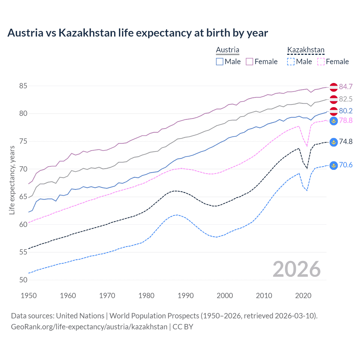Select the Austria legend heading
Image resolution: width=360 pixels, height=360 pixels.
[228, 50]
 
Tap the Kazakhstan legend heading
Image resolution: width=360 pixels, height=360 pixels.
[306, 50]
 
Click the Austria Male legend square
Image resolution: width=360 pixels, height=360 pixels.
[220, 62]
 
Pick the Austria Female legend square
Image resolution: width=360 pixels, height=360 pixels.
[249, 62]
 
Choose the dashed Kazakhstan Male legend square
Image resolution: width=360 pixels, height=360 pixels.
[291, 62]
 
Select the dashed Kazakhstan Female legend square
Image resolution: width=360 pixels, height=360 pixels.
[321, 62]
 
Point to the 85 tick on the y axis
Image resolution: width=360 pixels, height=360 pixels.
[23, 86]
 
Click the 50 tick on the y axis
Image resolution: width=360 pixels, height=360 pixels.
[23, 280]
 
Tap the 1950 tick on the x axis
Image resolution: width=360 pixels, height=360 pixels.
[29, 296]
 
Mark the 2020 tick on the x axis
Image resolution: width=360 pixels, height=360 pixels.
[303, 296]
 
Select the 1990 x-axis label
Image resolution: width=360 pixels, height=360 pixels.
[186, 296]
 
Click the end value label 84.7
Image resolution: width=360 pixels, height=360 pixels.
[346, 87]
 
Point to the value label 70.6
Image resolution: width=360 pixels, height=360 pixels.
[346, 165]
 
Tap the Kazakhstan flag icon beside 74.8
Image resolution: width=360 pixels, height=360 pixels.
[334, 142]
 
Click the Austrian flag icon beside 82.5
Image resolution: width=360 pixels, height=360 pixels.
[334, 99]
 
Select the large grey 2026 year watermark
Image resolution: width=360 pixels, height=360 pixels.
[296, 269]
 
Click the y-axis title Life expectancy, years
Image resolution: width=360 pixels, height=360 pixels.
[12, 180]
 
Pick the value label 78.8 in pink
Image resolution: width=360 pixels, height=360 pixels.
[346, 121]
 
